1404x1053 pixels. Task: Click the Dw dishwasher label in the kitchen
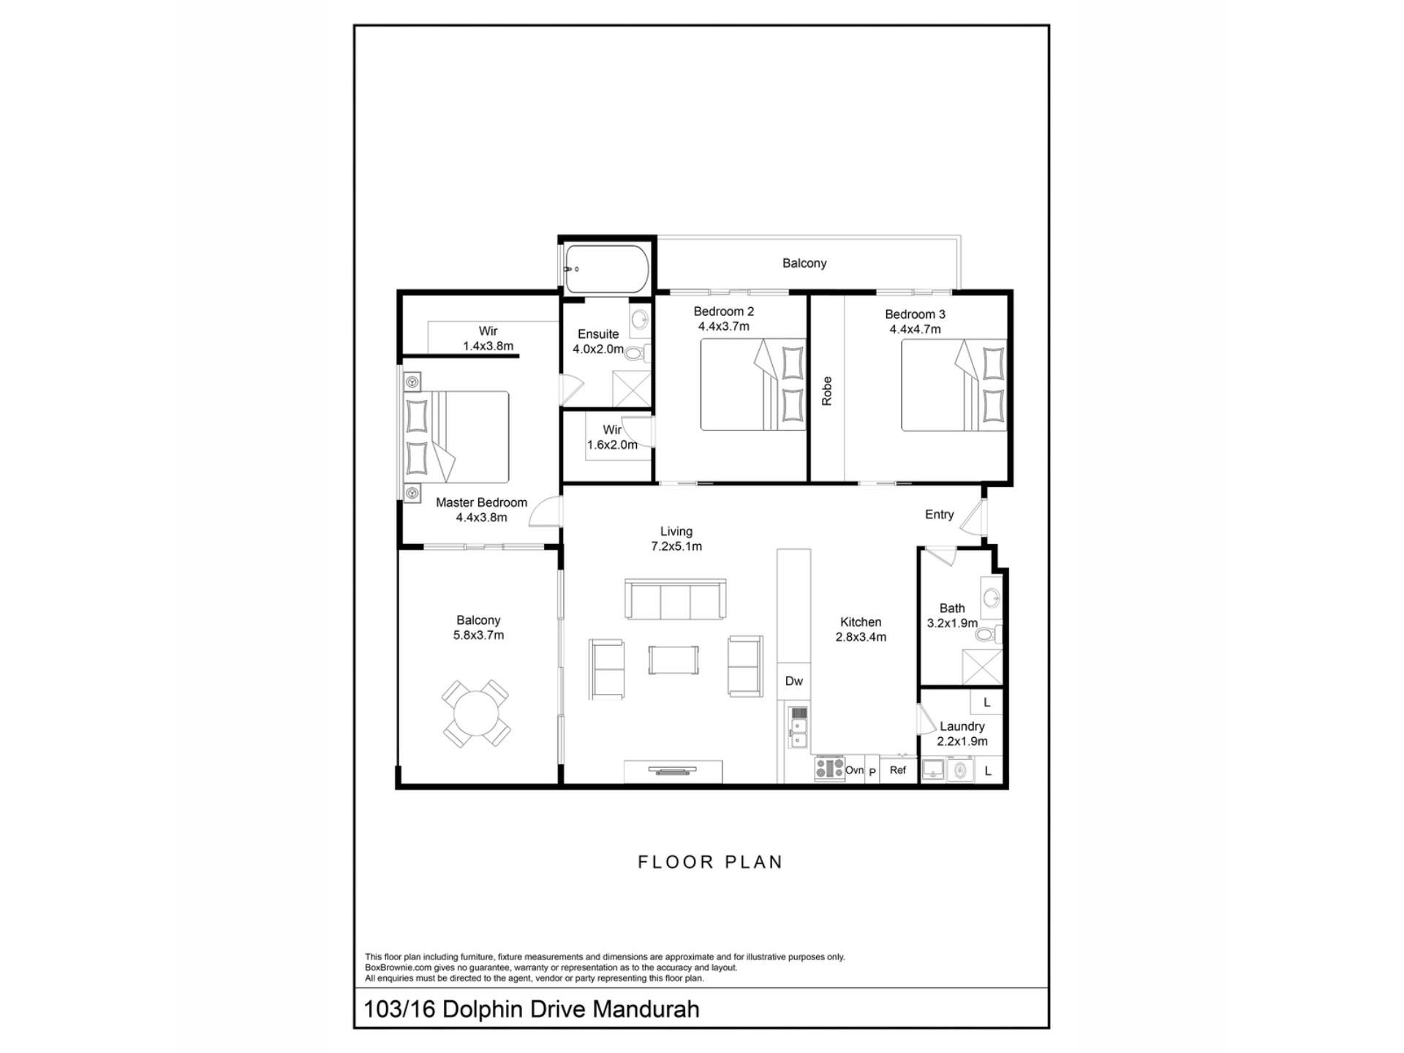(793, 681)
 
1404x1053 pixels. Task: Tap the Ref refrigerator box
(898, 770)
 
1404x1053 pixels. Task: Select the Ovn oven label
(854, 770)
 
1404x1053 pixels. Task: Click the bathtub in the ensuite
(606, 268)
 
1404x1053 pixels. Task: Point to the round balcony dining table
(476, 713)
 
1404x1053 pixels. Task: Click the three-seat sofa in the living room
(675, 600)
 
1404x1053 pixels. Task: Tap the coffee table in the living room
(673, 660)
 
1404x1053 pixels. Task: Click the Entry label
(939, 515)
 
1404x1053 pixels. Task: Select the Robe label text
(827, 390)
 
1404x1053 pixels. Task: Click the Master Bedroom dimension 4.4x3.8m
(481, 518)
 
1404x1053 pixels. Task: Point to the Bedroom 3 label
(915, 314)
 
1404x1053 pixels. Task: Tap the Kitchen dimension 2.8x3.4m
(861, 637)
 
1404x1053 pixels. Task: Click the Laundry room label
(962, 726)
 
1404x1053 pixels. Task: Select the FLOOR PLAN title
(710, 862)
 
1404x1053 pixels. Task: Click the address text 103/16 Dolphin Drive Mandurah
(532, 1009)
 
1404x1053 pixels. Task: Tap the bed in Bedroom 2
(753, 384)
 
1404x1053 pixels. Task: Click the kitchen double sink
(798, 733)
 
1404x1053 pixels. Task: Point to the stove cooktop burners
(829, 769)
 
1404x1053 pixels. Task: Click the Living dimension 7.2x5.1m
(676, 546)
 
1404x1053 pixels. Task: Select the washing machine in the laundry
(960, 770)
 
